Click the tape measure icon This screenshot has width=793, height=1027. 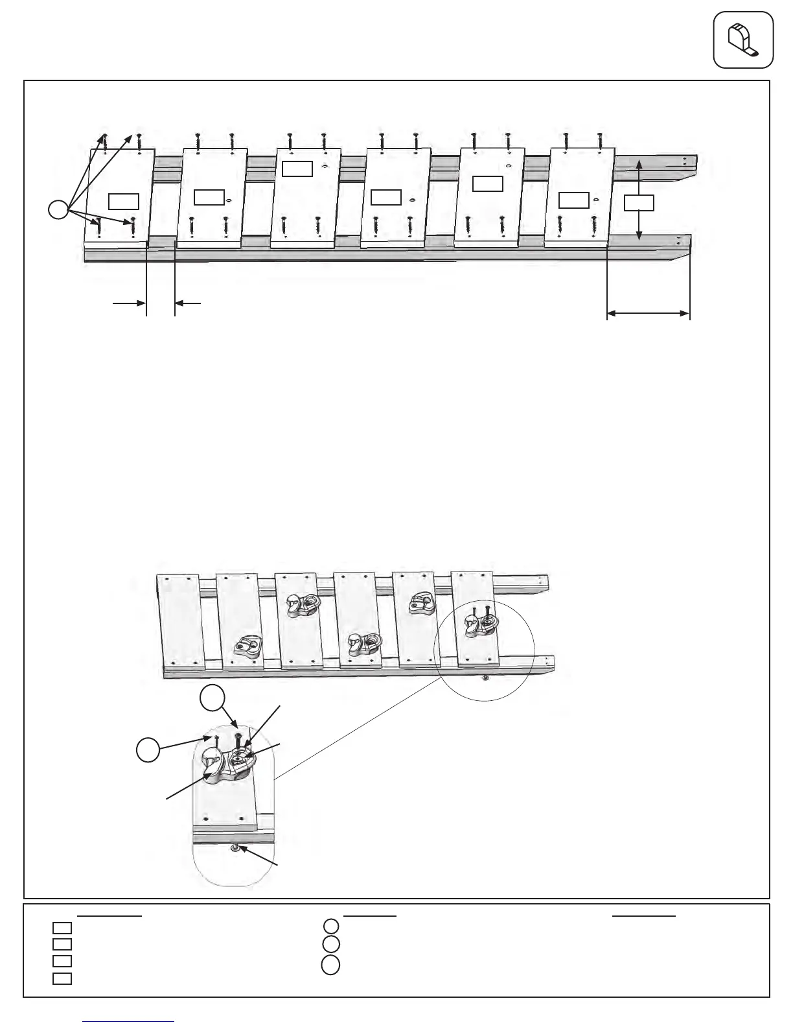pyautogui.click(x=743, y=40)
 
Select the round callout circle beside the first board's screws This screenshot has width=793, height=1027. pyautogui.click(x=58, y=209)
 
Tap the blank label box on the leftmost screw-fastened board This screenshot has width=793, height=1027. pyautogui.click(x=123, y=200)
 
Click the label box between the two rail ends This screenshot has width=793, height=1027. pyautogui.click(x=639, y=202)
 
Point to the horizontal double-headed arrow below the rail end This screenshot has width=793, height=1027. pyautogui.click(x=648, y=314)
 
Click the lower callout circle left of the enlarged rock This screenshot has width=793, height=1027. pyautogui.click(x=148, y=750)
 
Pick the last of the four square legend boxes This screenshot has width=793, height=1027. pyautogui.click(x=62, y=978)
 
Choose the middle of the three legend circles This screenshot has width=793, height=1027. pyautogui.click(x=330, y=944)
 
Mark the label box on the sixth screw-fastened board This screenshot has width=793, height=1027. pyautogui.click(x=573, y=200)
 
